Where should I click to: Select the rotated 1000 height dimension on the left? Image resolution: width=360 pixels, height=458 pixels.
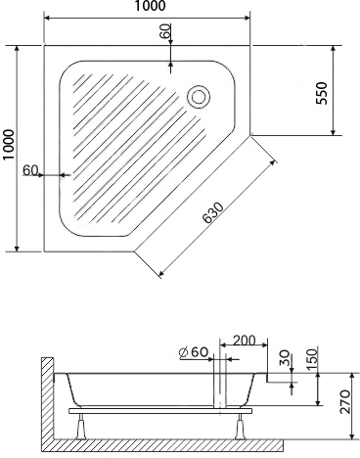coord(9,147)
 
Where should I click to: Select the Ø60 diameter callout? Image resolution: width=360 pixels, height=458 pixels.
coord(193,352)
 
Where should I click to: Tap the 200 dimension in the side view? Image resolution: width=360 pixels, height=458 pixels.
coord(245,341)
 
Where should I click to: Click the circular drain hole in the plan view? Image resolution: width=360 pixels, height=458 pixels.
coord(199,96)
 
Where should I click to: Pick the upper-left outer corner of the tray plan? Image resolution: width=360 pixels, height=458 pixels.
coord(45,45)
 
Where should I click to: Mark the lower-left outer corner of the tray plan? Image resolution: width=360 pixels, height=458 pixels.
coord(45,250)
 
